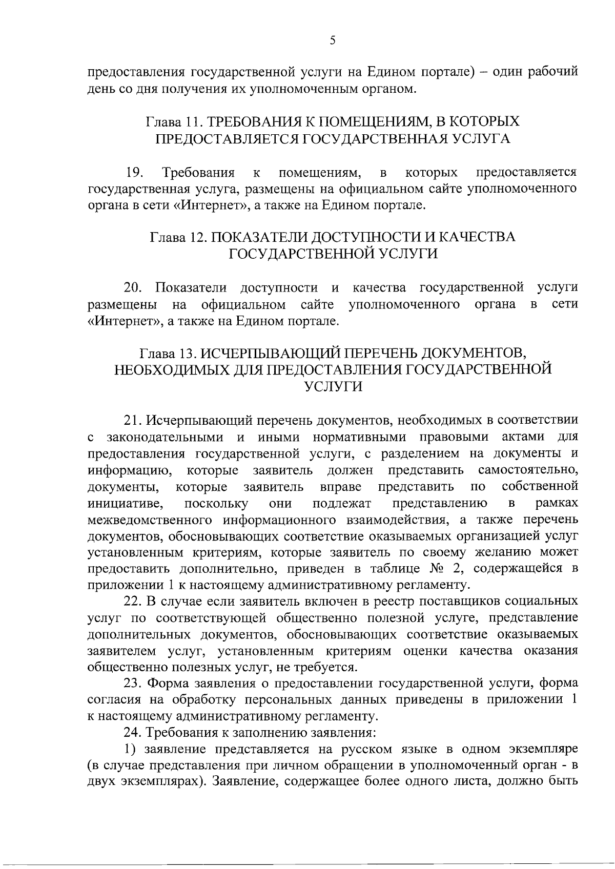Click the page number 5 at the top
point(333,40)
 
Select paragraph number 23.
point(135,684)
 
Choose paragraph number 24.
point(135,733)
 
